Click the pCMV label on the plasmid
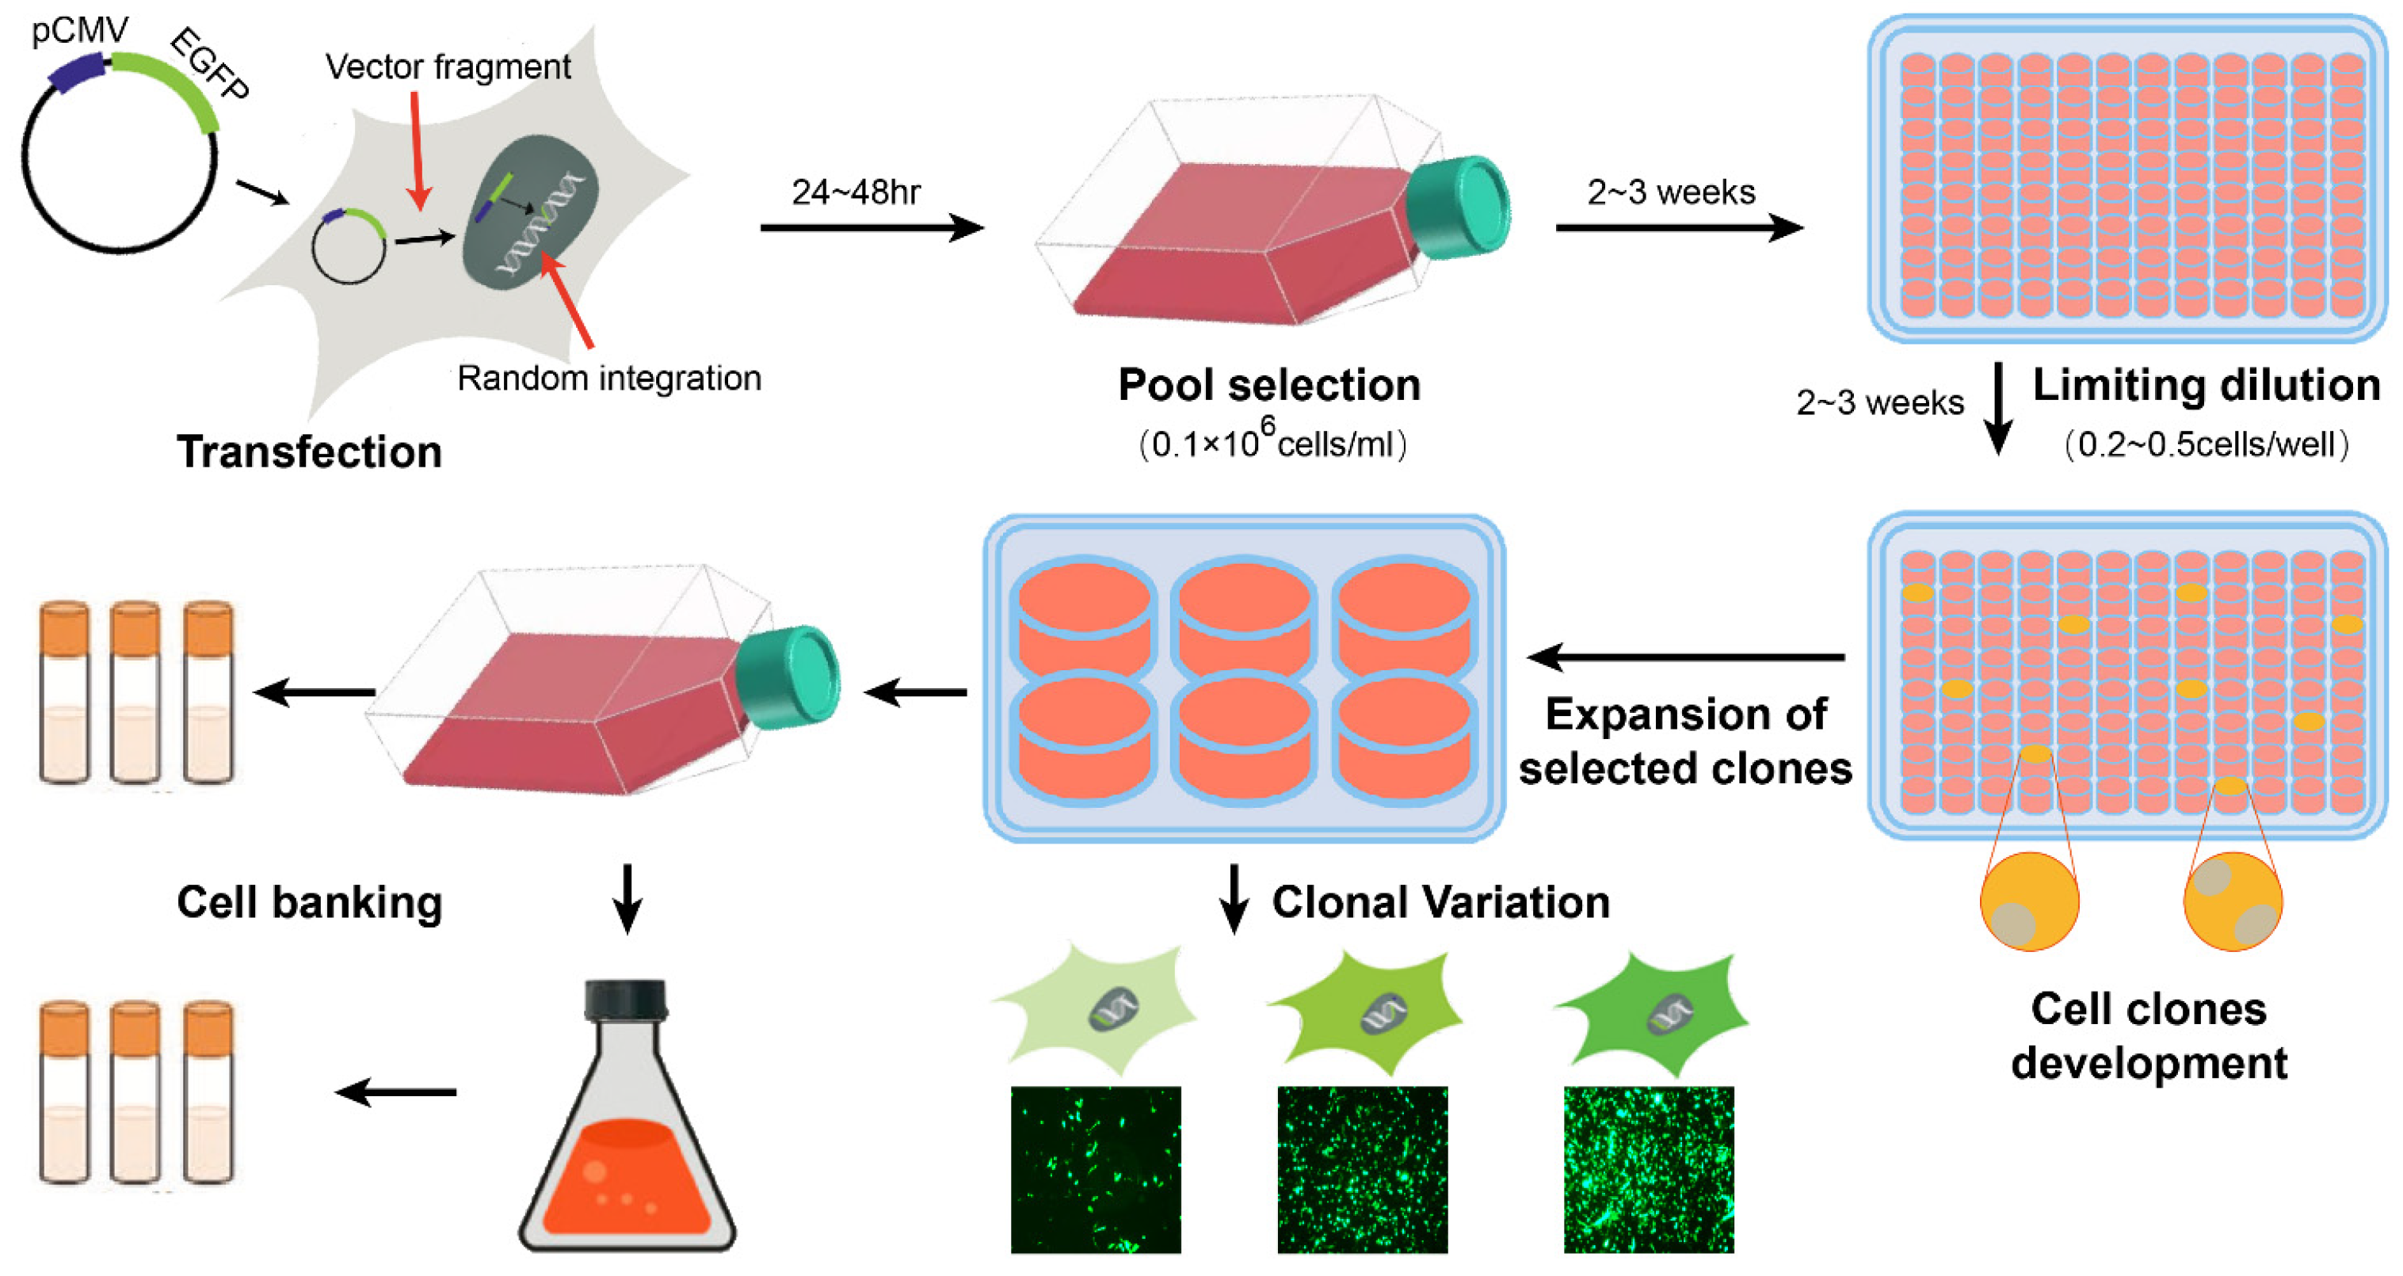(79, 31)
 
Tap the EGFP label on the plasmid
(211, 63)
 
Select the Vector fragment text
(448, 67)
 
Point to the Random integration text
(609, 378)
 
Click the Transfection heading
(309, 452)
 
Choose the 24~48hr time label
(856, 192)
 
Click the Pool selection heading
(1268, 385)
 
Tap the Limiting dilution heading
(2207, 385)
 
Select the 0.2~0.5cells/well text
(2207, 444)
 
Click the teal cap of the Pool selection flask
(1460, 207)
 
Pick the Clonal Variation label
(1440, 903)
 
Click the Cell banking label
(309, 903)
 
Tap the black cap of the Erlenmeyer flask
(625, 998)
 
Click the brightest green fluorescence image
(1648, 1170)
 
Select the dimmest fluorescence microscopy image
(1095, 1170)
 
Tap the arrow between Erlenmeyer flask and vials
(396, 1092)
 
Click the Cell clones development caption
(2149, 1036)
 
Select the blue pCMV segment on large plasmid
(77, 73)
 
